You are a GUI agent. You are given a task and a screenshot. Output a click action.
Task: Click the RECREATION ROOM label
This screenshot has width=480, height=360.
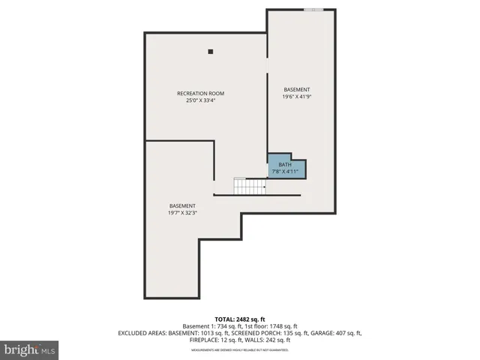pos(200,93)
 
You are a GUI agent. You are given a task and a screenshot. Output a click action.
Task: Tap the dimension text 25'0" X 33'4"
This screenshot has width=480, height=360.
pos(200,100)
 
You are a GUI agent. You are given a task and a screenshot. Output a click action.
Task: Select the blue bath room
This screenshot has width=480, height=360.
pos(287,167)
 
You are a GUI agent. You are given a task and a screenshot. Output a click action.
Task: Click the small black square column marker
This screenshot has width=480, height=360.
pos(211,52)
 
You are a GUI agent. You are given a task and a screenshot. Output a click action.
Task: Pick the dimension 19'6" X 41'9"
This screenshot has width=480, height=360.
pos(296,97)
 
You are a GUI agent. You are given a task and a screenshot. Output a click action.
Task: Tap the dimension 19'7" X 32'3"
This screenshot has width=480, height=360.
pos(182,212)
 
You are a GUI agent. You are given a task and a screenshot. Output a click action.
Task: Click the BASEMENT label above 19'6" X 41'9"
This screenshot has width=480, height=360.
pos(296,89)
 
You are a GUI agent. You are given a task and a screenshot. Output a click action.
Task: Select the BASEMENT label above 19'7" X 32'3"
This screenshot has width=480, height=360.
pos(182,205)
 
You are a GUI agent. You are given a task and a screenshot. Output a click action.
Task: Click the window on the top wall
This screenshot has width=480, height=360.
pos(313,10)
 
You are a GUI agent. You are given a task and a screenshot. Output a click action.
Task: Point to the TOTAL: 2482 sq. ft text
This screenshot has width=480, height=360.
pos(240,319)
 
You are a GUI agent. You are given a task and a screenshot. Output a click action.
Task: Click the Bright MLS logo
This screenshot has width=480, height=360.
pos(29,349)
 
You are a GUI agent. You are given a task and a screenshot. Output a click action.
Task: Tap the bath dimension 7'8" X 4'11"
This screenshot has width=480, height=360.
pos(285,172)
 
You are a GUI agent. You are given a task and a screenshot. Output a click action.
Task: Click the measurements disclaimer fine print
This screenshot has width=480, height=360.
pos(240,350)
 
